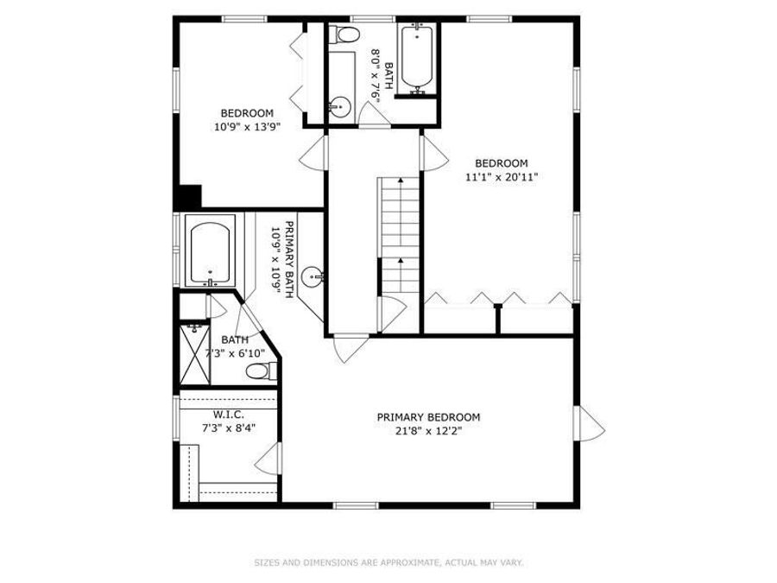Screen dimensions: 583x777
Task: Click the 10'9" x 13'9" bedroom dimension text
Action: [247, 126]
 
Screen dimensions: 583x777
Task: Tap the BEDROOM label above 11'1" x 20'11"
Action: [501, 163]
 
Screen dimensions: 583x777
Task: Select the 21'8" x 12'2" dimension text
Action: [428, 432]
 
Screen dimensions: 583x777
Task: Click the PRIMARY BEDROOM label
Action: [428, 417]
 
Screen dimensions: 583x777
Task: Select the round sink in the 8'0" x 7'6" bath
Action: [338, 107]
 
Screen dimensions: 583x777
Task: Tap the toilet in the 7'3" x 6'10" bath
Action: [261, 371]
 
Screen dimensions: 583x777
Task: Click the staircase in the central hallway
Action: [398, 233]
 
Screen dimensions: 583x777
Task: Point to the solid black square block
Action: [187, 197]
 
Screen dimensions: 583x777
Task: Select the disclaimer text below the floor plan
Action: [388, 563]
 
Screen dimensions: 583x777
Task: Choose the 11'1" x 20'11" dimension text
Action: [501, 177]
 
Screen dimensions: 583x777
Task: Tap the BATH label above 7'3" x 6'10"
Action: [234, 339]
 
